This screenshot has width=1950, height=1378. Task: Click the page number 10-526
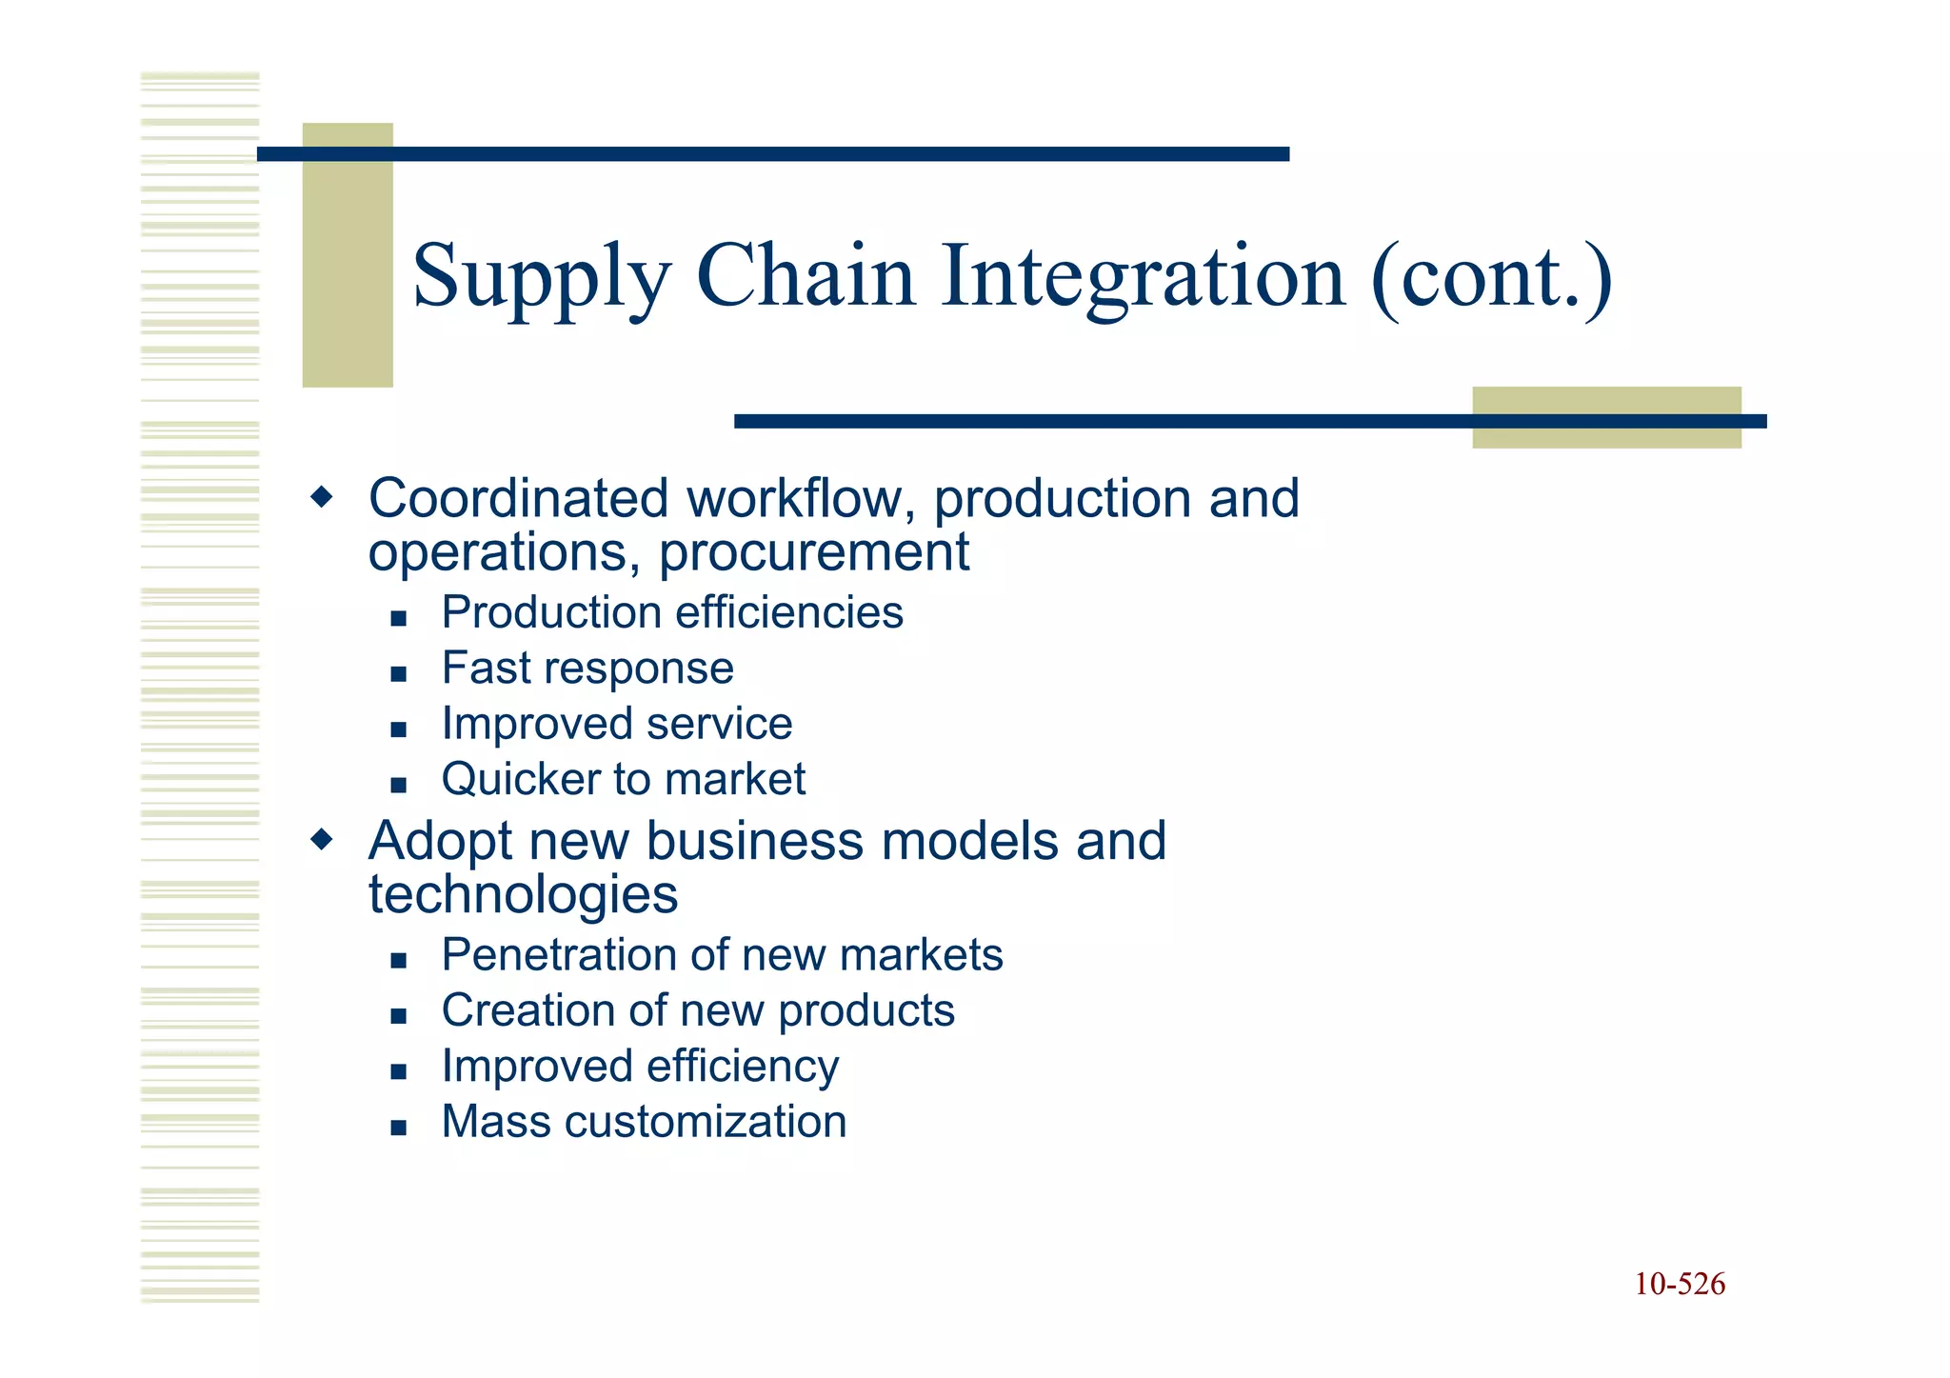pos(1680,1284)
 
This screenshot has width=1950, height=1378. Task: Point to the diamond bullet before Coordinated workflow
pos(323,496)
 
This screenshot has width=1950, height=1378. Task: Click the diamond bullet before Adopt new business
pos(323,839)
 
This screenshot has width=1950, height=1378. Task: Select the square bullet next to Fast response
pos(398,674)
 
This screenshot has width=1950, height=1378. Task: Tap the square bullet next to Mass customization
pos(398,1128)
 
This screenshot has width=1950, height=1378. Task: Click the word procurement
pos(814,553)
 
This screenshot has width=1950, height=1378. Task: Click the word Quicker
pos(520,779)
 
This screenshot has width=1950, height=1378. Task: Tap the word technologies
pos(523,895)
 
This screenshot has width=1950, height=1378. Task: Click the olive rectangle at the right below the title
pos(1606,436)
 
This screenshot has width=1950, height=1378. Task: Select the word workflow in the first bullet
pos(800,498)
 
